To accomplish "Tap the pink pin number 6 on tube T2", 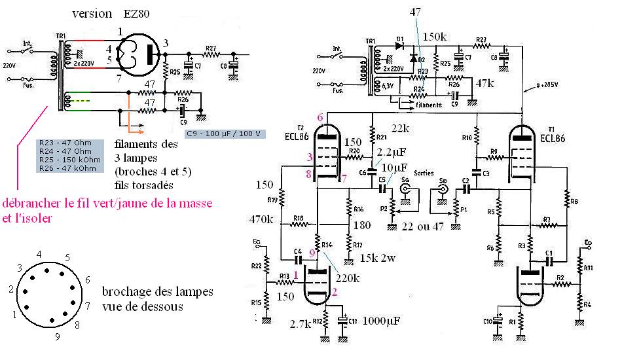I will (x=320, y=117).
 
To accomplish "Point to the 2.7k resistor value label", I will (x=302, y=323).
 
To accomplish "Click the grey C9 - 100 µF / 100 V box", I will (x=223, y=134).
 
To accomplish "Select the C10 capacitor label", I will (x=488, y=321).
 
